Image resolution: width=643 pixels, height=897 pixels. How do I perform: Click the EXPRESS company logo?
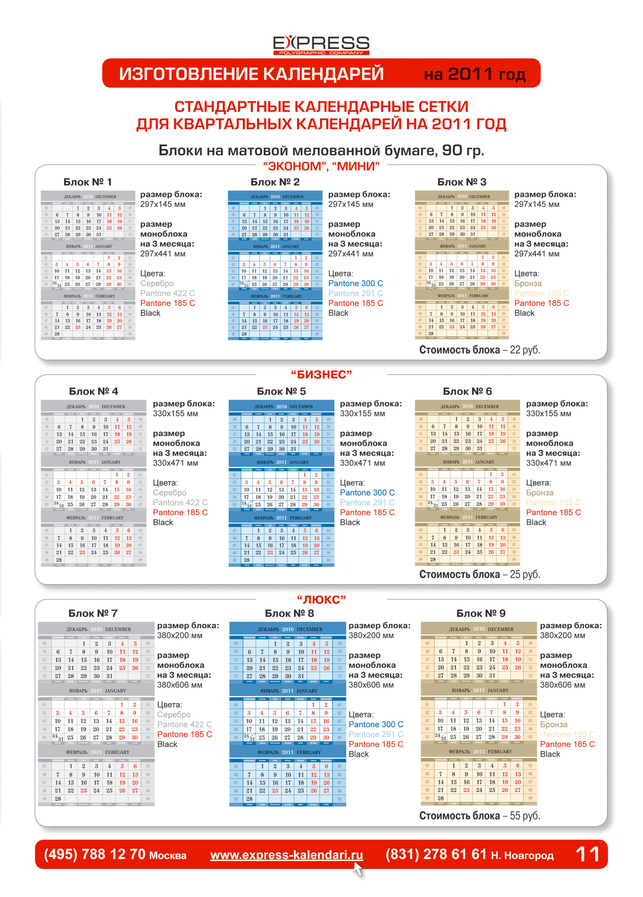coord(321,45)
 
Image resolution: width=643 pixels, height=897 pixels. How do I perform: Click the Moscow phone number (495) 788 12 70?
coord(95,854)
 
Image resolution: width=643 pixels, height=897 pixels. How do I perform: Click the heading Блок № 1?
coord(88,182)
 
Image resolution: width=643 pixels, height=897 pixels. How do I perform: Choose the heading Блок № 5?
coord(281,391)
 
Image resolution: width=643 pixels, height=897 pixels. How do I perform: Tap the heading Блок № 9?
coord(481,613)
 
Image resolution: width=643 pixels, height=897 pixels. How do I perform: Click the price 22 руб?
coord(525,350)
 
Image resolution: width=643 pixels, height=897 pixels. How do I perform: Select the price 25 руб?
coord(525,574)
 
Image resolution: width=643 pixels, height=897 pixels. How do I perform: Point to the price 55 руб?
coord(525,815)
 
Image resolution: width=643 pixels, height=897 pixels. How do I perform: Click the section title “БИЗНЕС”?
coord(321,374)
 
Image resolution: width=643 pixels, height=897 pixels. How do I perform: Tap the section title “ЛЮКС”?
coord(321,600)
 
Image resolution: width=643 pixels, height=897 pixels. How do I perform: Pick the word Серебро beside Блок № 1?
coord(157,283)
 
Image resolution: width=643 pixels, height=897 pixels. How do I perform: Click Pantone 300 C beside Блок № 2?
coord(355,283)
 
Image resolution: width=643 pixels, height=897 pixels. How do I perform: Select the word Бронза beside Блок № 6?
coord(539,492)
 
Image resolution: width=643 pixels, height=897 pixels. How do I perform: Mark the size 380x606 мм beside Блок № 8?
coord(371,685)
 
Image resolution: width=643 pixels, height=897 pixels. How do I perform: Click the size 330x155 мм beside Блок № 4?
coord(175,413)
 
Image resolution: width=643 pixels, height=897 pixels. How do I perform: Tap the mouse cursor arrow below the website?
coord(358,869)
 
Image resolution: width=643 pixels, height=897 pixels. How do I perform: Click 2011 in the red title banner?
coord(470,73)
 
